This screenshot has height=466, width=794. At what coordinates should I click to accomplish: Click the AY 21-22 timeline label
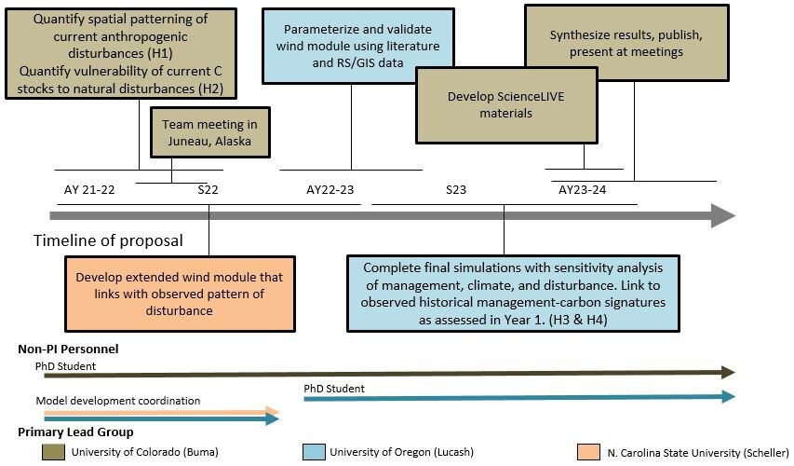pyautogui.click(x=89, y=190)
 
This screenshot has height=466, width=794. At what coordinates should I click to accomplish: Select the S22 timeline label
pyautogui.click(x=209, y=190)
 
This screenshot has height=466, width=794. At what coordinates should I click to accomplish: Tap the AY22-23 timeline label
pyautogui.click(x=330, y=190)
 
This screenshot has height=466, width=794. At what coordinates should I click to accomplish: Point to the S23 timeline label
pyautogui.click(x=456, y=190)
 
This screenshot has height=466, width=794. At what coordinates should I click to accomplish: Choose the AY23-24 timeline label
pyautogui.click(x=582, y=190)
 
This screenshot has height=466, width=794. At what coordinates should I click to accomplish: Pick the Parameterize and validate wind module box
pyautogui.click(x=358, y=37)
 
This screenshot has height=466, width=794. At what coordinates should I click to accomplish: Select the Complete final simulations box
pyautogui.click(x=504, y=293)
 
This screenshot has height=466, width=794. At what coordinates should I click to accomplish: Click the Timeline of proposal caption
pyautogui.click(x=108, y=240)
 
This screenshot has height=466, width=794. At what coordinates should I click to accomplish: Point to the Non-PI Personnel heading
pyautogui.click(x=68, y=349)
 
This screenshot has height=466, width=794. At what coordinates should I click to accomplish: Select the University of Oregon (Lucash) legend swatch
pyautogui.click(x=314, y=452)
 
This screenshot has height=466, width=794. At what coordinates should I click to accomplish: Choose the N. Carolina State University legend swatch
pyautogui.click(x=588, y=452)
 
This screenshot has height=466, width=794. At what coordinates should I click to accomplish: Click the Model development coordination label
pyautogui.click(x=118, y=401)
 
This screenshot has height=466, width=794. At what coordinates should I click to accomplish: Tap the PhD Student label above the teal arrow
pyautogui.click(x=334, y=388)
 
